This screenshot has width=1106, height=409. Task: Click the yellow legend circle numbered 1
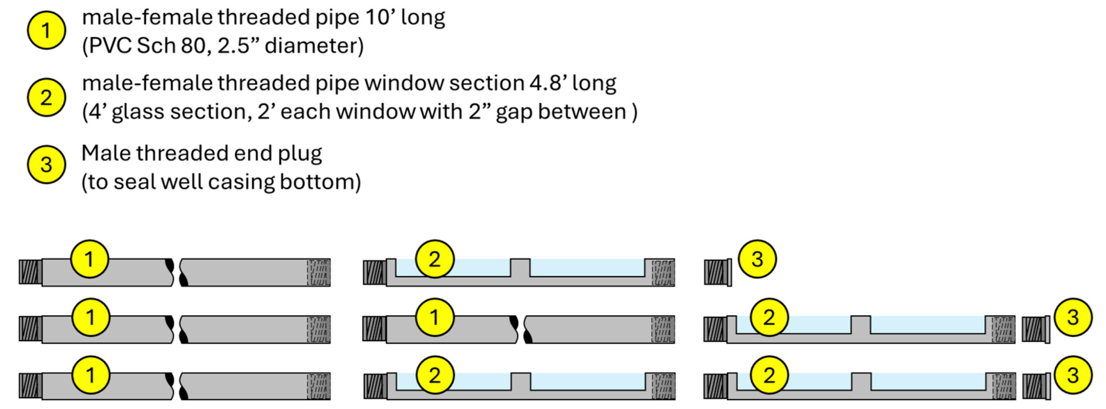click(x=46, y=31)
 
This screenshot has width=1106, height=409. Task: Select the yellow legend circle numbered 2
click(x=46, y=97)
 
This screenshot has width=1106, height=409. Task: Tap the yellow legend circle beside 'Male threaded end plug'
click(x=46, y=165)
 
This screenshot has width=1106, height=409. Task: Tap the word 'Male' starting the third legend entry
click(x=105, y=153)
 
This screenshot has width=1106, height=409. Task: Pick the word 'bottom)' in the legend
click(x=320, y=181)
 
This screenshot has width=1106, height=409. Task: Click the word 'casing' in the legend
click(x=241, y=182)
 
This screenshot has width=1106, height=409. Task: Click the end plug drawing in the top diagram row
click(x=718, y=272)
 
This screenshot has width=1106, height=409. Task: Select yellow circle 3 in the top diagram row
click(x=757, y=259)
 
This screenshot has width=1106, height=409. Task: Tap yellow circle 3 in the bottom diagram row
click(x=1072, y=375)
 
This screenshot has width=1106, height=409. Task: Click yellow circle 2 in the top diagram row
click(x=434, y=259)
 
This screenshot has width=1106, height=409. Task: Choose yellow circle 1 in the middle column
click(x=434, y=317)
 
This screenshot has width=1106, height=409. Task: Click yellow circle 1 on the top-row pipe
click(x=90, y=259)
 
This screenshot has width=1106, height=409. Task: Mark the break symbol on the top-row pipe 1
click(x=177, y=272)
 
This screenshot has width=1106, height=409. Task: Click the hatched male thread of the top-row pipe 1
click(x=30, y=272)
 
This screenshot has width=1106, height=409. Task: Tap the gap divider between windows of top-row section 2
click(x=520, y=268)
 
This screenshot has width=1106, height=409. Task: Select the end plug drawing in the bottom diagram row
click(x=1036, y=387)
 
